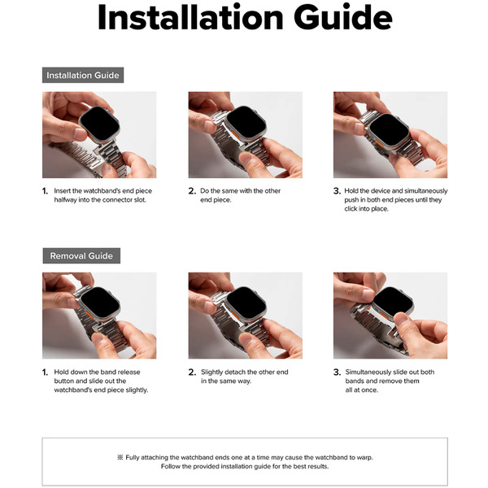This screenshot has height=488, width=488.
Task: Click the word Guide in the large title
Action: pos(342,17)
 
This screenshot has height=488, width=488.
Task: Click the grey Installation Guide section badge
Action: pos(83,75)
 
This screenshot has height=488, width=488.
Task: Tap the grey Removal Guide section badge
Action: pos(81,256)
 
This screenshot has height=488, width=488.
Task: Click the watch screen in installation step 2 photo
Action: pos(246,122)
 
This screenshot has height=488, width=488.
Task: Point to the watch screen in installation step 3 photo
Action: pos(390,129)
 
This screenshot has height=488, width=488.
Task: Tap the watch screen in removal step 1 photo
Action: pos(100,303)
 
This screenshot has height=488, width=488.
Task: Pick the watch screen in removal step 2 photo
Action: pos(246,303)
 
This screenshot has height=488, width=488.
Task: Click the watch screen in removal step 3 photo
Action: pos(393,302)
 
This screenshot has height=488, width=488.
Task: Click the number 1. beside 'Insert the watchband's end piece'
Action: pos(45,191)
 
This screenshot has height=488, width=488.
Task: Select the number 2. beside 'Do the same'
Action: pos(192,191)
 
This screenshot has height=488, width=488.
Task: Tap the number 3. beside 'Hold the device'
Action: pos(337,191)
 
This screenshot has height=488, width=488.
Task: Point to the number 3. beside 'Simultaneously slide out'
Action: pos(337,372)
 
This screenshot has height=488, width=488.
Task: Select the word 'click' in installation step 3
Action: pos(351,208)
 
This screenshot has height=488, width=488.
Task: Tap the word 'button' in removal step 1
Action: pos(63,381)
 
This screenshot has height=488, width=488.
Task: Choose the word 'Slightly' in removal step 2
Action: pos(211,373)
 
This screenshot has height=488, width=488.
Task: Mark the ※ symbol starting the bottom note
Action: pos(120,457)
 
